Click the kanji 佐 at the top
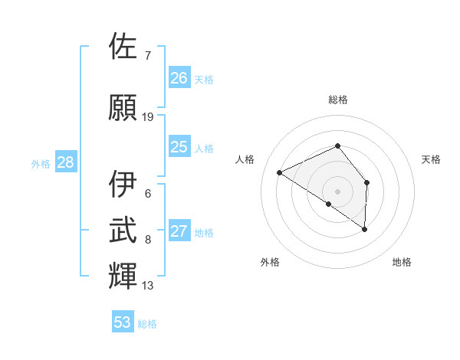[123, 47]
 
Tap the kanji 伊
[123, 185]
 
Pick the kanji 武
[123, 231]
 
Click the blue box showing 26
[179, 78]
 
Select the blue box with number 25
[179, 147]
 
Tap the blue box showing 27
[179, 231]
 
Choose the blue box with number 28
[65, 162]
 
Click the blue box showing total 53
[123, 322]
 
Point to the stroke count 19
[148, 117]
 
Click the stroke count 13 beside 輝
[148, 286]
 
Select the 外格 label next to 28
[41, 163]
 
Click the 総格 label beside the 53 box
[147, 324]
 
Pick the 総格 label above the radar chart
[338, 100]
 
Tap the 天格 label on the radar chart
[432, 159]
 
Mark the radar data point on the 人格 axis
[280, 172]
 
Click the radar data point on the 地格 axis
[364, 229]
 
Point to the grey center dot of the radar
[337, 190]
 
